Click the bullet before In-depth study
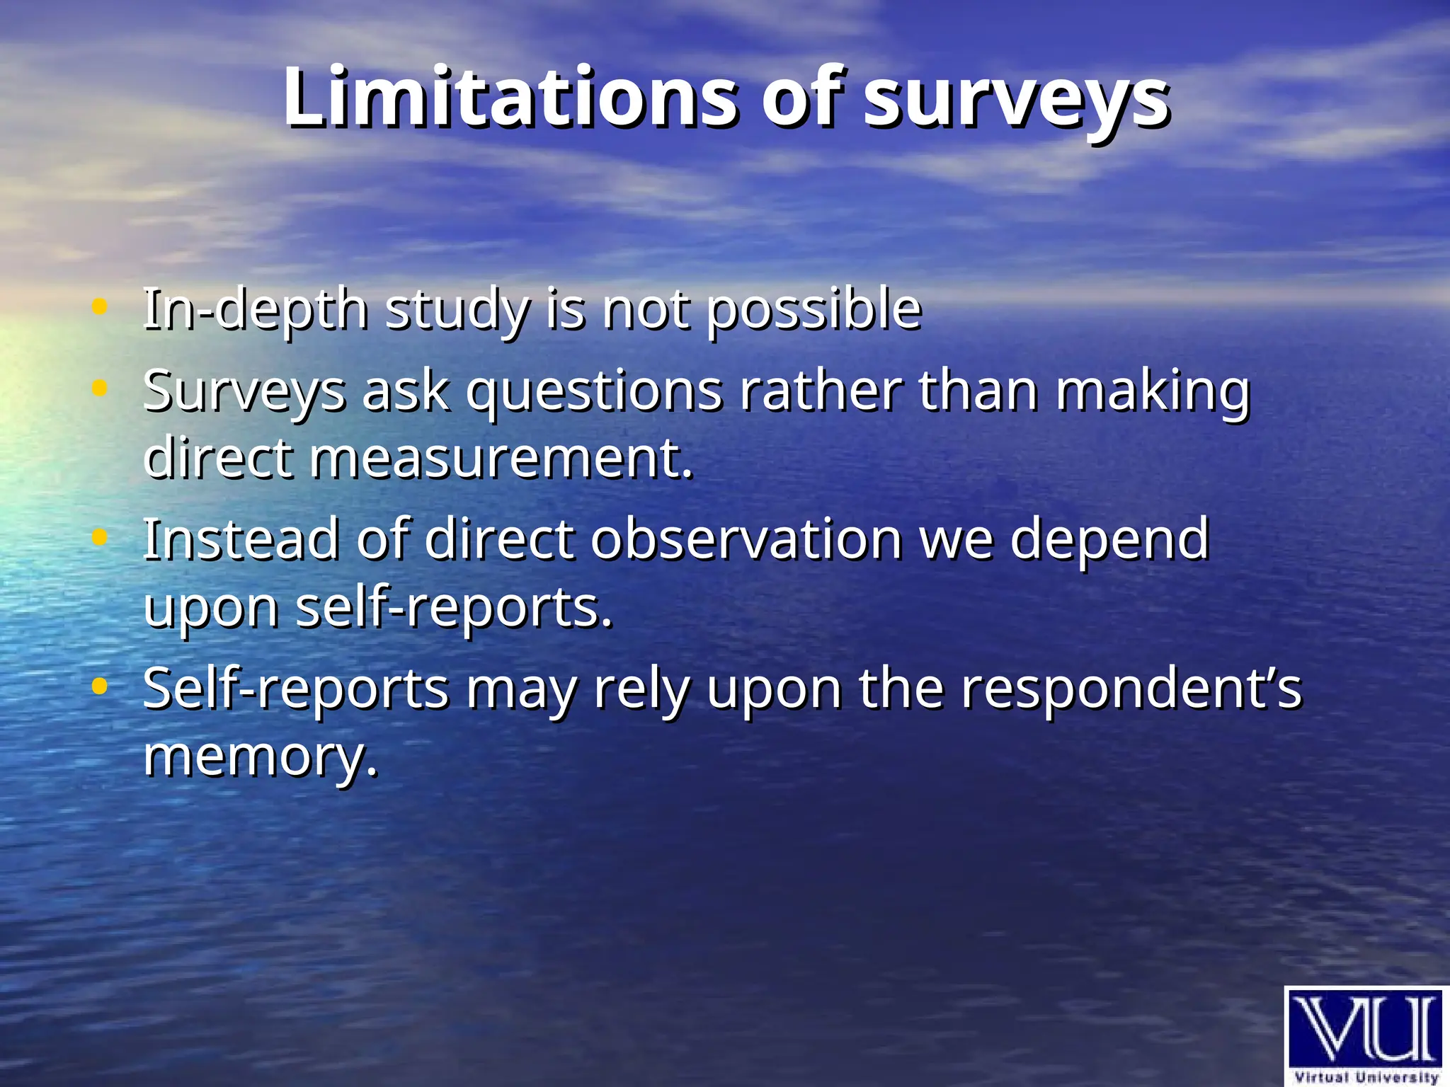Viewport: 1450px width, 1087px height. click(x=100, y=307)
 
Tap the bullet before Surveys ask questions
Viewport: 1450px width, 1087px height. click(x=100, y=388)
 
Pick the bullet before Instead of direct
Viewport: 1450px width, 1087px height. click(x=100, y=537)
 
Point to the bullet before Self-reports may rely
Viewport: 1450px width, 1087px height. click(x=100, y=686)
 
